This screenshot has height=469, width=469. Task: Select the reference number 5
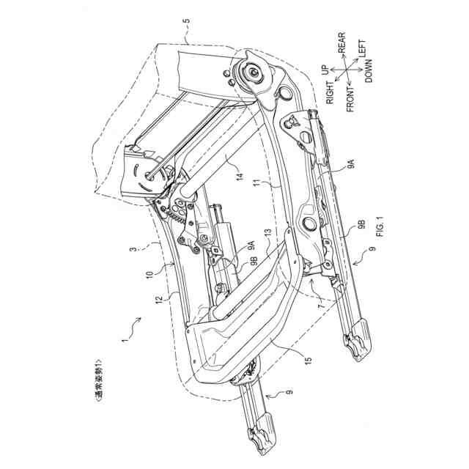tap(186, 32)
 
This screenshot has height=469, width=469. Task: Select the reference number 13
tap(269, 232)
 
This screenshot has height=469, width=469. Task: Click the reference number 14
tap(238, 176)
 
